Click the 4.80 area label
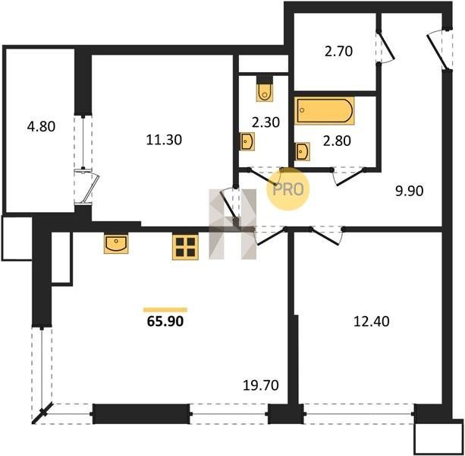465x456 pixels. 41,127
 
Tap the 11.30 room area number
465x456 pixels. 164,140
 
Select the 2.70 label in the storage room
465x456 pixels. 338,51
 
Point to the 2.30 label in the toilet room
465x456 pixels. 265,122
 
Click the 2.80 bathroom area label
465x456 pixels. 337,141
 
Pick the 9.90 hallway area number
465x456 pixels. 410,191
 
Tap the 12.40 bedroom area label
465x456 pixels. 371,321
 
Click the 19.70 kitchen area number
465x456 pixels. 261,385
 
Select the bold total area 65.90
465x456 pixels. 165,321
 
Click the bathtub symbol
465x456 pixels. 325,110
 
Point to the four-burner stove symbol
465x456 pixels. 185,247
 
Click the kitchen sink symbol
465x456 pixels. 116,244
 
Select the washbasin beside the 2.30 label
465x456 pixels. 247,141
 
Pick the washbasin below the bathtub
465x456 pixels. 303,151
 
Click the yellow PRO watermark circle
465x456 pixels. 288,189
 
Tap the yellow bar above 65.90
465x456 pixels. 165,310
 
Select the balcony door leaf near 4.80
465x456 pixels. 91,188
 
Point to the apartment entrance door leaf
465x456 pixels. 436,52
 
